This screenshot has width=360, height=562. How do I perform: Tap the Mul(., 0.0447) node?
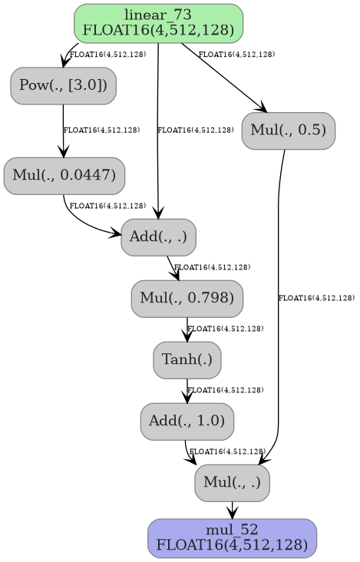pos(64,176)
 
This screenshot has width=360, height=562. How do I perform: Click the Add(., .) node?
pos(158,237)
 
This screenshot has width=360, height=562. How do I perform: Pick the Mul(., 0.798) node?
pos(187,299)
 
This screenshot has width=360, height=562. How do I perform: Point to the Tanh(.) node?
pos(187,360)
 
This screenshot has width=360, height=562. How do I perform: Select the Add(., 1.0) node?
pos(187,421)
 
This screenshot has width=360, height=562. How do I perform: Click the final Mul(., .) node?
pos(232,483)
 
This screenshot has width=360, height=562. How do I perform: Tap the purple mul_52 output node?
pos(232,537)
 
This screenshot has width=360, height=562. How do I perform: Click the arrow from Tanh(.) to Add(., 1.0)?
pos(187,391)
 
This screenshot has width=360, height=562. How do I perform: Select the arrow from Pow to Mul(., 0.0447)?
pos(63,131)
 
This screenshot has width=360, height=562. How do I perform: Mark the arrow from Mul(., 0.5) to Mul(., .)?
pos(278,307)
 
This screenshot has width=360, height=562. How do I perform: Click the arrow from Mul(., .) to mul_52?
pos(232,509)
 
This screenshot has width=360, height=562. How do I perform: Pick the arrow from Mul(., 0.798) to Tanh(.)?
pos(187,329)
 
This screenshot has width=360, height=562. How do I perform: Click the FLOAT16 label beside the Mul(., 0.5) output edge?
pos(316,298)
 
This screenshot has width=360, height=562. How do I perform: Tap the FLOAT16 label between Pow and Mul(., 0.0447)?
pos(101,131)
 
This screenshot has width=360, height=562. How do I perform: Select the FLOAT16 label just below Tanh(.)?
pos(226,390)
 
